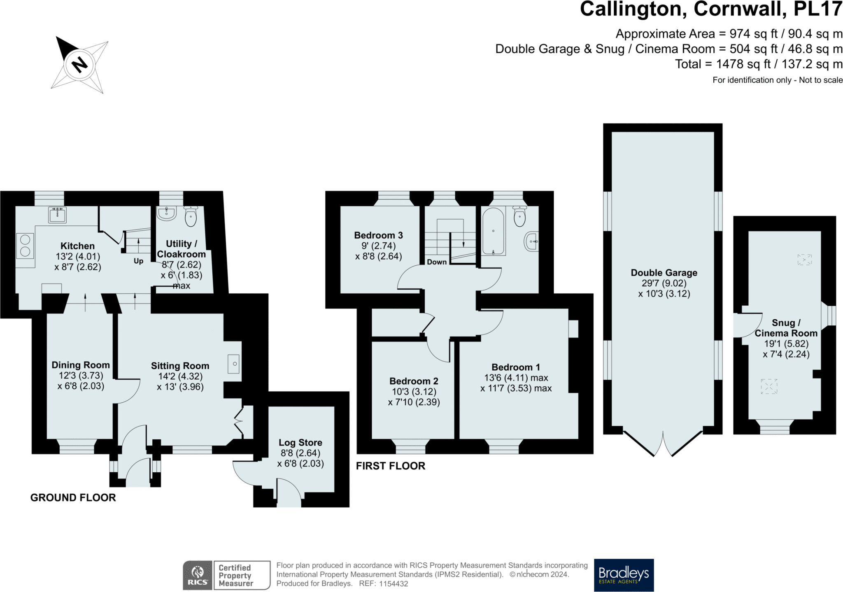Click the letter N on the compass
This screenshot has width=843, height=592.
[79, 65]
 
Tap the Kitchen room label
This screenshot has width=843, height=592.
[77, 246]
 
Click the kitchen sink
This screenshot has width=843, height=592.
[57, 215]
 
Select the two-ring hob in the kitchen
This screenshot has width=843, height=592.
[25, 245]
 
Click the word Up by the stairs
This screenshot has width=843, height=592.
[138, 261]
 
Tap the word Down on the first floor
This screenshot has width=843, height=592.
[436, 262]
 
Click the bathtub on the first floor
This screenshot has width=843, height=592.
[493, 232]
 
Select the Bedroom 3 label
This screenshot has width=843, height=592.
[378, 235]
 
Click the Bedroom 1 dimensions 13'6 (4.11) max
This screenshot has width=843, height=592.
[516, 378]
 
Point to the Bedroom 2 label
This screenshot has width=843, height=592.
[414, 381]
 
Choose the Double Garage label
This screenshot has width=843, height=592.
[664, 273]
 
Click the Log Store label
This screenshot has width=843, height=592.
[300, 443]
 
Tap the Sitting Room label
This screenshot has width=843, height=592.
[180, 366]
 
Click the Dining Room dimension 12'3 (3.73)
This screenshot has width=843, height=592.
[81, 376]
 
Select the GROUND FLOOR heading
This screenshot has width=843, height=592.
[73, 498]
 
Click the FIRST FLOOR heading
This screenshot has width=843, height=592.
[390, 466]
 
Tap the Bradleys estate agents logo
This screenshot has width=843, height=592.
[624, 575]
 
